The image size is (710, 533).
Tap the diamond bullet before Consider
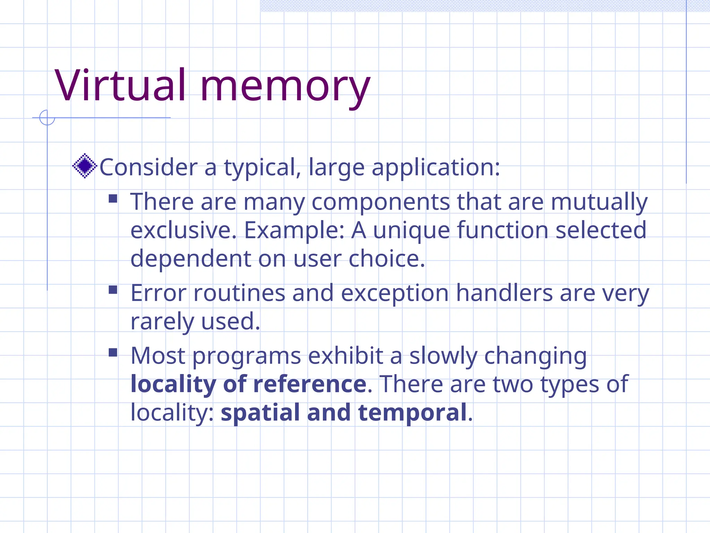84,166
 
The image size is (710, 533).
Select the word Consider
149,167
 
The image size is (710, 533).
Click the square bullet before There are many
113,198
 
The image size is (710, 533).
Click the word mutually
599,203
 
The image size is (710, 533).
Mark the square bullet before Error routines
113,290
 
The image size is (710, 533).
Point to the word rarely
162,322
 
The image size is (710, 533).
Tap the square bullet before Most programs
113,353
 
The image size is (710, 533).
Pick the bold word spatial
260,413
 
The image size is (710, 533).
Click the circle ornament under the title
47,118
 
